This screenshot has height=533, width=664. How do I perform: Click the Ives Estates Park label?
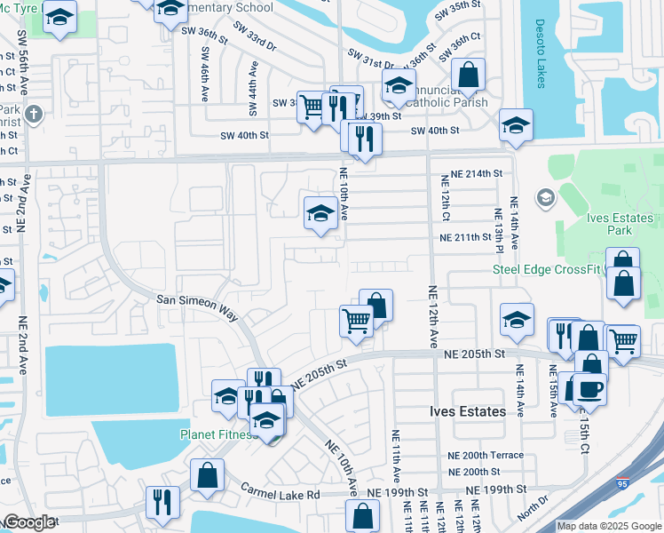point(621,224)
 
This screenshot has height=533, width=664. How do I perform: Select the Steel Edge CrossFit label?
point(547,270)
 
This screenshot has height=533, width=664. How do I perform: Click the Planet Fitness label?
point(217,434)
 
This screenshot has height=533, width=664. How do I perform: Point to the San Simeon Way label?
point(198,303)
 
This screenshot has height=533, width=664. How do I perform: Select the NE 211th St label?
point(466,237)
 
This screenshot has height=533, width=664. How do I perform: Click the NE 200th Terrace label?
point(486,455)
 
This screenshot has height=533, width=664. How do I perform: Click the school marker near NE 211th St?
point(320,212)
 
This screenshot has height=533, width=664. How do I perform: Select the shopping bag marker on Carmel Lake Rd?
point(207,474)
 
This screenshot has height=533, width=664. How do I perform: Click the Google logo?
point(29,522)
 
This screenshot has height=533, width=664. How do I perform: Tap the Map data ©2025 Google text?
point(609,526)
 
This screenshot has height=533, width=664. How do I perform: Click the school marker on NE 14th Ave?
point(516,320)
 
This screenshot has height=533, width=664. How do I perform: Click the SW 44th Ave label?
point(254,79)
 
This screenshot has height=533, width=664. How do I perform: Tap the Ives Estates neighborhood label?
point(468,412)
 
